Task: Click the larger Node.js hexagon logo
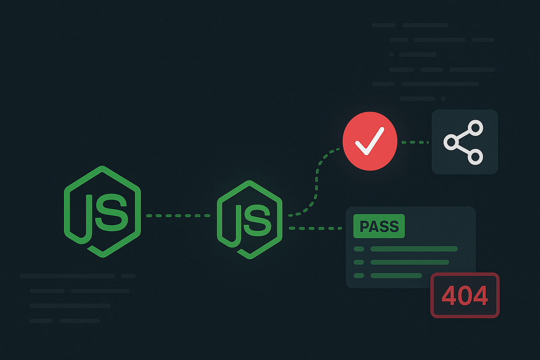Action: [102, 211]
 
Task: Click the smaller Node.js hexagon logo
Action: [250, 220]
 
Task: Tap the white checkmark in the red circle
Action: [370, 141]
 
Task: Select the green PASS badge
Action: [379, 226]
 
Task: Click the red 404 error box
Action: [465, 296]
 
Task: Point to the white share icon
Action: [464, 142]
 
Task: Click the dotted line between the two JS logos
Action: [178, 216]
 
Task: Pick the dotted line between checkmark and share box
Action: [415, 142]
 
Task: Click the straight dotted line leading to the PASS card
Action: [315, 228]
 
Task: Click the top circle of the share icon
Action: [476, 128]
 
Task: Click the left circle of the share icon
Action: [451, 142]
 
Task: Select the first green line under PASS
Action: [413, 249]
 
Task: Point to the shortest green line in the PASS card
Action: [396, 275]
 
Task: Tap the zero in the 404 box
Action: [465, 296]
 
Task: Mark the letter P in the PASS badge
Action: [364, 226]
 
